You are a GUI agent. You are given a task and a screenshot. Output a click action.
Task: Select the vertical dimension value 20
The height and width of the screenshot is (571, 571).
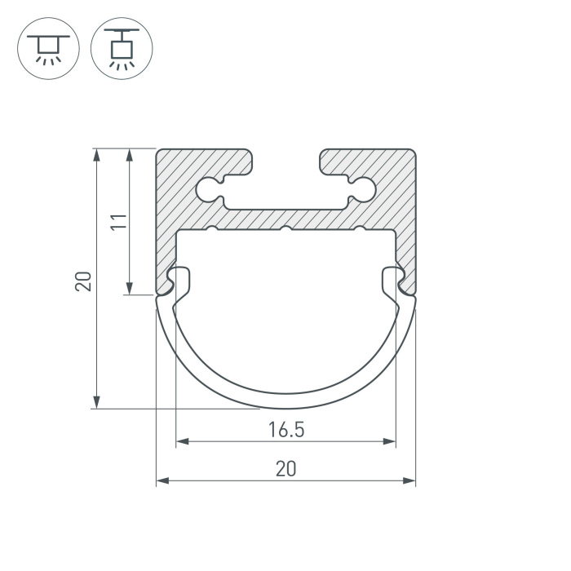point(83,281)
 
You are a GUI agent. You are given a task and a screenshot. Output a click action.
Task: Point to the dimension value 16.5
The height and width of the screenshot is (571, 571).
point(285,429)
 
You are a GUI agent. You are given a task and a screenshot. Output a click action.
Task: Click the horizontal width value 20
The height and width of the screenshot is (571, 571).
point(285,468)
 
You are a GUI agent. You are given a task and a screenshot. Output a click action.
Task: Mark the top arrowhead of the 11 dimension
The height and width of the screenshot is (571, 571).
point(129,153)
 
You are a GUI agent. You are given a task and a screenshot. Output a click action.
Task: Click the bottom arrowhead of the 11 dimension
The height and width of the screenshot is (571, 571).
point(129,288)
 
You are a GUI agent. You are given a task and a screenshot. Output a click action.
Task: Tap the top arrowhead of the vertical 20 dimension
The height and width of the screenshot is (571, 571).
point(96,153)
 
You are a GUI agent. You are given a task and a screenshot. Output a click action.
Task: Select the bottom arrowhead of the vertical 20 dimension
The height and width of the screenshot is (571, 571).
point(96,403)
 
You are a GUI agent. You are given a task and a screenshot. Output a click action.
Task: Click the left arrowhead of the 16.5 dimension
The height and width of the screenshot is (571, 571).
point(181,441)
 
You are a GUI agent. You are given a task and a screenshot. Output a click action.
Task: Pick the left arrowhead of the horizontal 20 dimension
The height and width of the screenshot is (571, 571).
point(162,480)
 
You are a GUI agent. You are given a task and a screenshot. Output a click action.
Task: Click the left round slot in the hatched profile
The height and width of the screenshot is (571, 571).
point(209,189)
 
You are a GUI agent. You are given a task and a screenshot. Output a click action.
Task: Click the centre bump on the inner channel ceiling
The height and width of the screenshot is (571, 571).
point(285,229)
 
